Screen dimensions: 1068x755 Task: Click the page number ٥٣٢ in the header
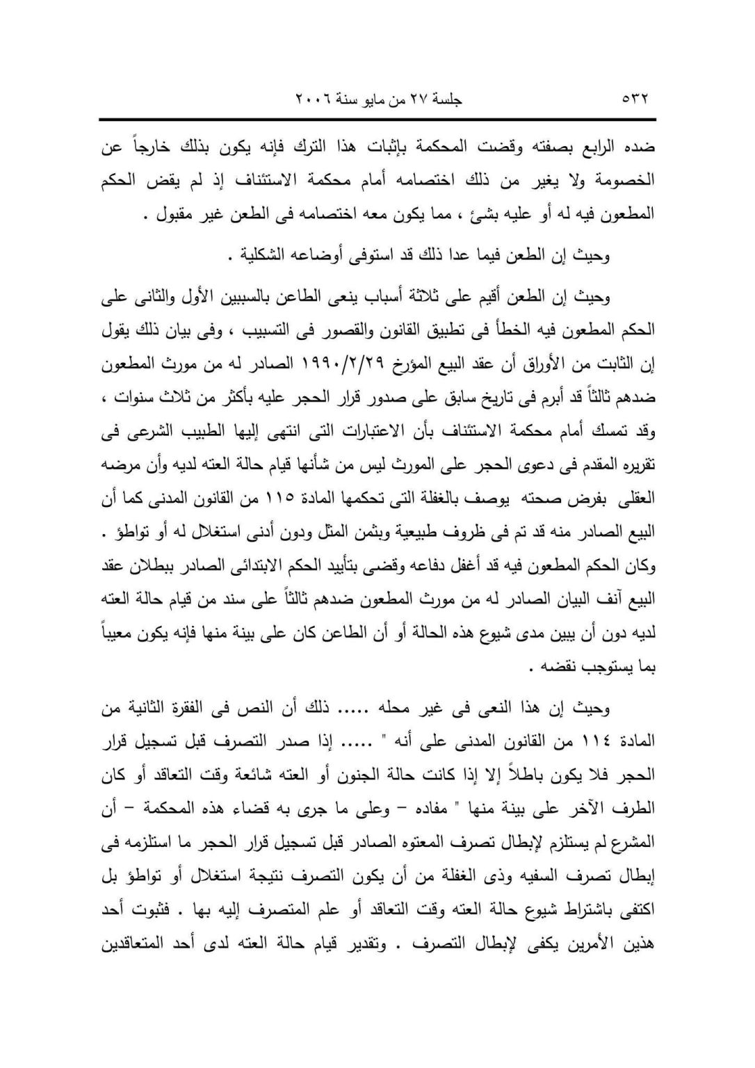(635, 99)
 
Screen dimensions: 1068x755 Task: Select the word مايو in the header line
(383, 99)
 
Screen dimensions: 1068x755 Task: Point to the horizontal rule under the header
(377, 120)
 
